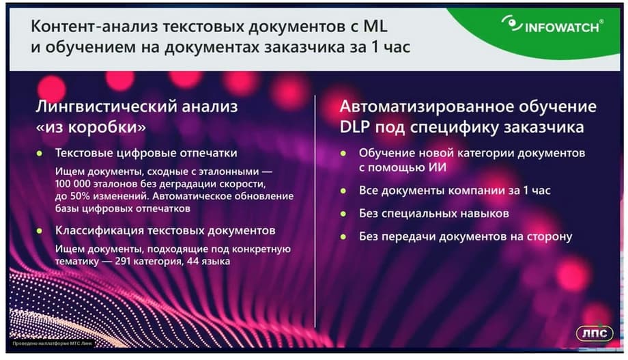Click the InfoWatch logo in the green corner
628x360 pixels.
point(552,25)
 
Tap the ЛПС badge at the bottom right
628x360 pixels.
point(595,333)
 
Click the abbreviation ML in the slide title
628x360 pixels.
point(375,26)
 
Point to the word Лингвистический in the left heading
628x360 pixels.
point(106,107)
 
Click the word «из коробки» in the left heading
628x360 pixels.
point(91,127)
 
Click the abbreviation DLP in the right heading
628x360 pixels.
point(354,127)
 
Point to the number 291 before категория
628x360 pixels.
point(123,262)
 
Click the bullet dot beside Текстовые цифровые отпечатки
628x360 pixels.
point(40,153)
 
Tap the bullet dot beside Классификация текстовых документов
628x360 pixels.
point(40,231)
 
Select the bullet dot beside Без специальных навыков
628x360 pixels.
point(343,214)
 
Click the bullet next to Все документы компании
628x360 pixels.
point(343,191)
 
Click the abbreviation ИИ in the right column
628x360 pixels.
point(438,167)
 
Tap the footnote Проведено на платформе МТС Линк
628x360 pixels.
point(52,344)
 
